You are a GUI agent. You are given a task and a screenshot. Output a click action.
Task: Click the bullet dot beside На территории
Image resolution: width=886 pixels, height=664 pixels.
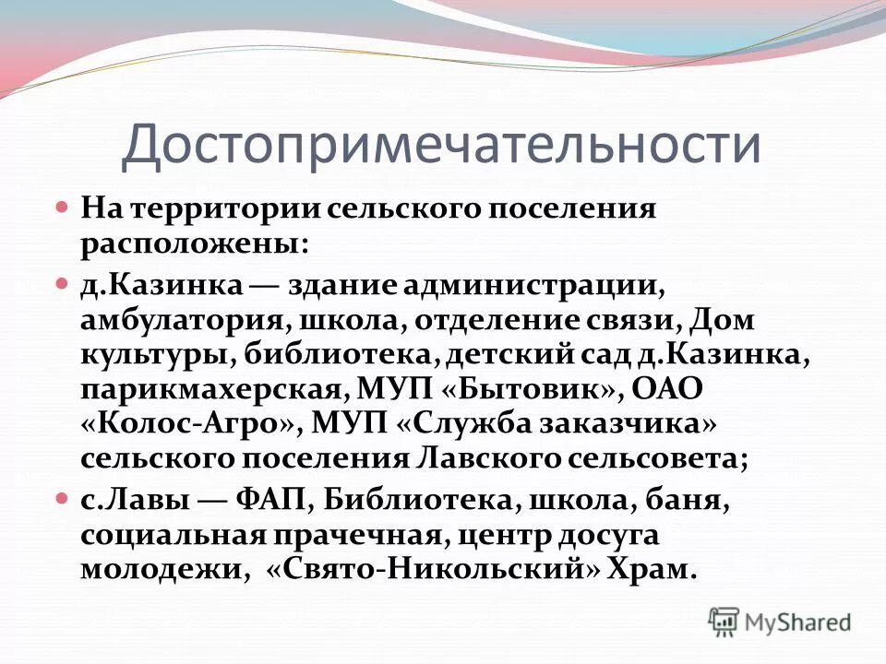(63, 207)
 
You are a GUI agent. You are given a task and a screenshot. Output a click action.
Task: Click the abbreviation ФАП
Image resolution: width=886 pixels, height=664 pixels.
(276, 501)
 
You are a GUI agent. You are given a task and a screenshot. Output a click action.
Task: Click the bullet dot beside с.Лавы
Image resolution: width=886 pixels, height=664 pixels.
(63, 500)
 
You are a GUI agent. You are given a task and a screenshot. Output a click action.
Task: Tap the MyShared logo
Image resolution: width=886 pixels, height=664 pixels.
(780, 622)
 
